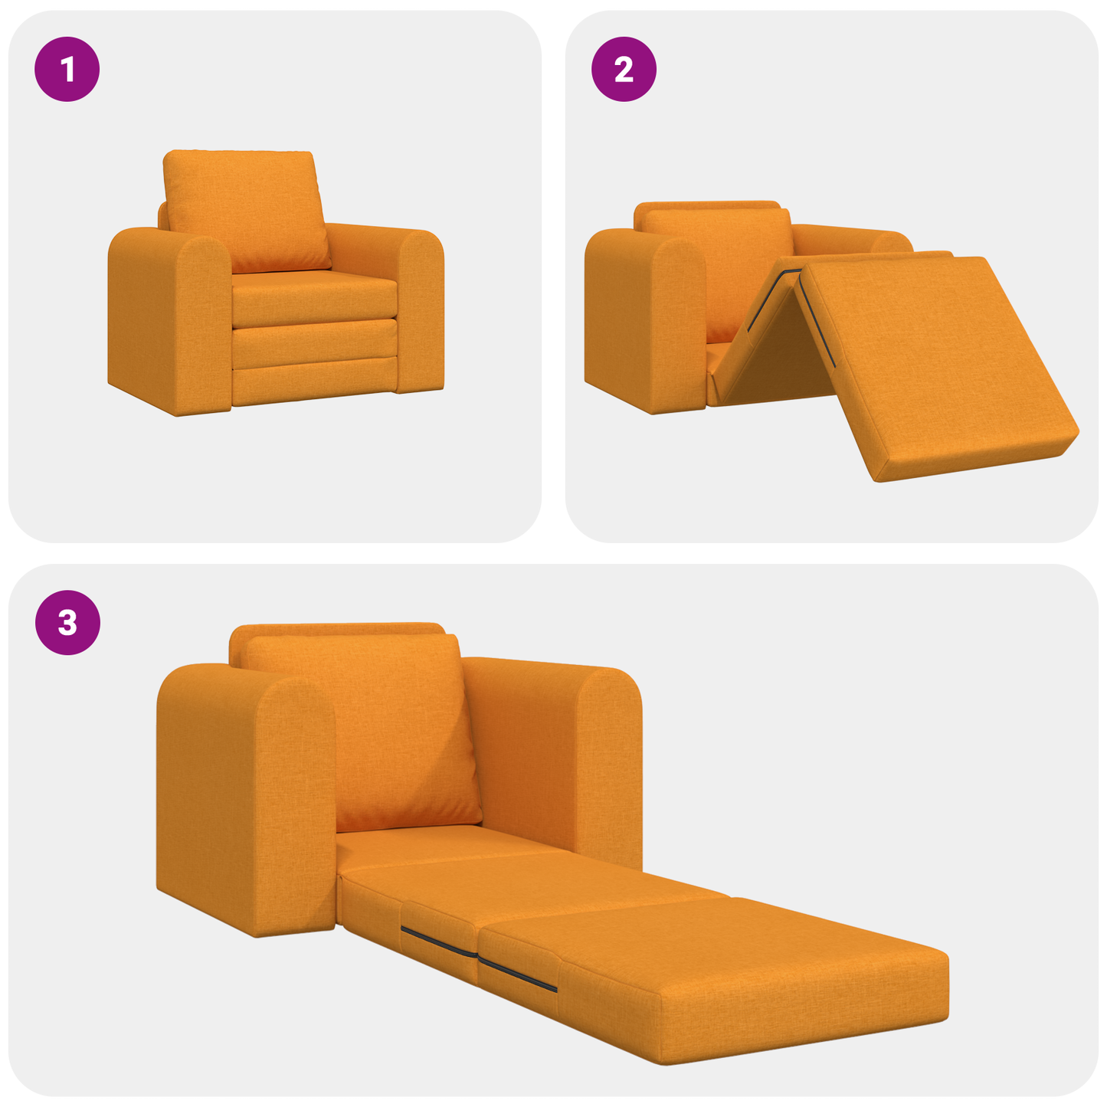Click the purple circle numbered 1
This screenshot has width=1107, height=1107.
click(x=67, y=70)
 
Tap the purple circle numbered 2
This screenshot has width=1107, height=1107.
click(x=624, y=70)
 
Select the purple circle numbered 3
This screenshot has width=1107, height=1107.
click(x=67, y=622)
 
